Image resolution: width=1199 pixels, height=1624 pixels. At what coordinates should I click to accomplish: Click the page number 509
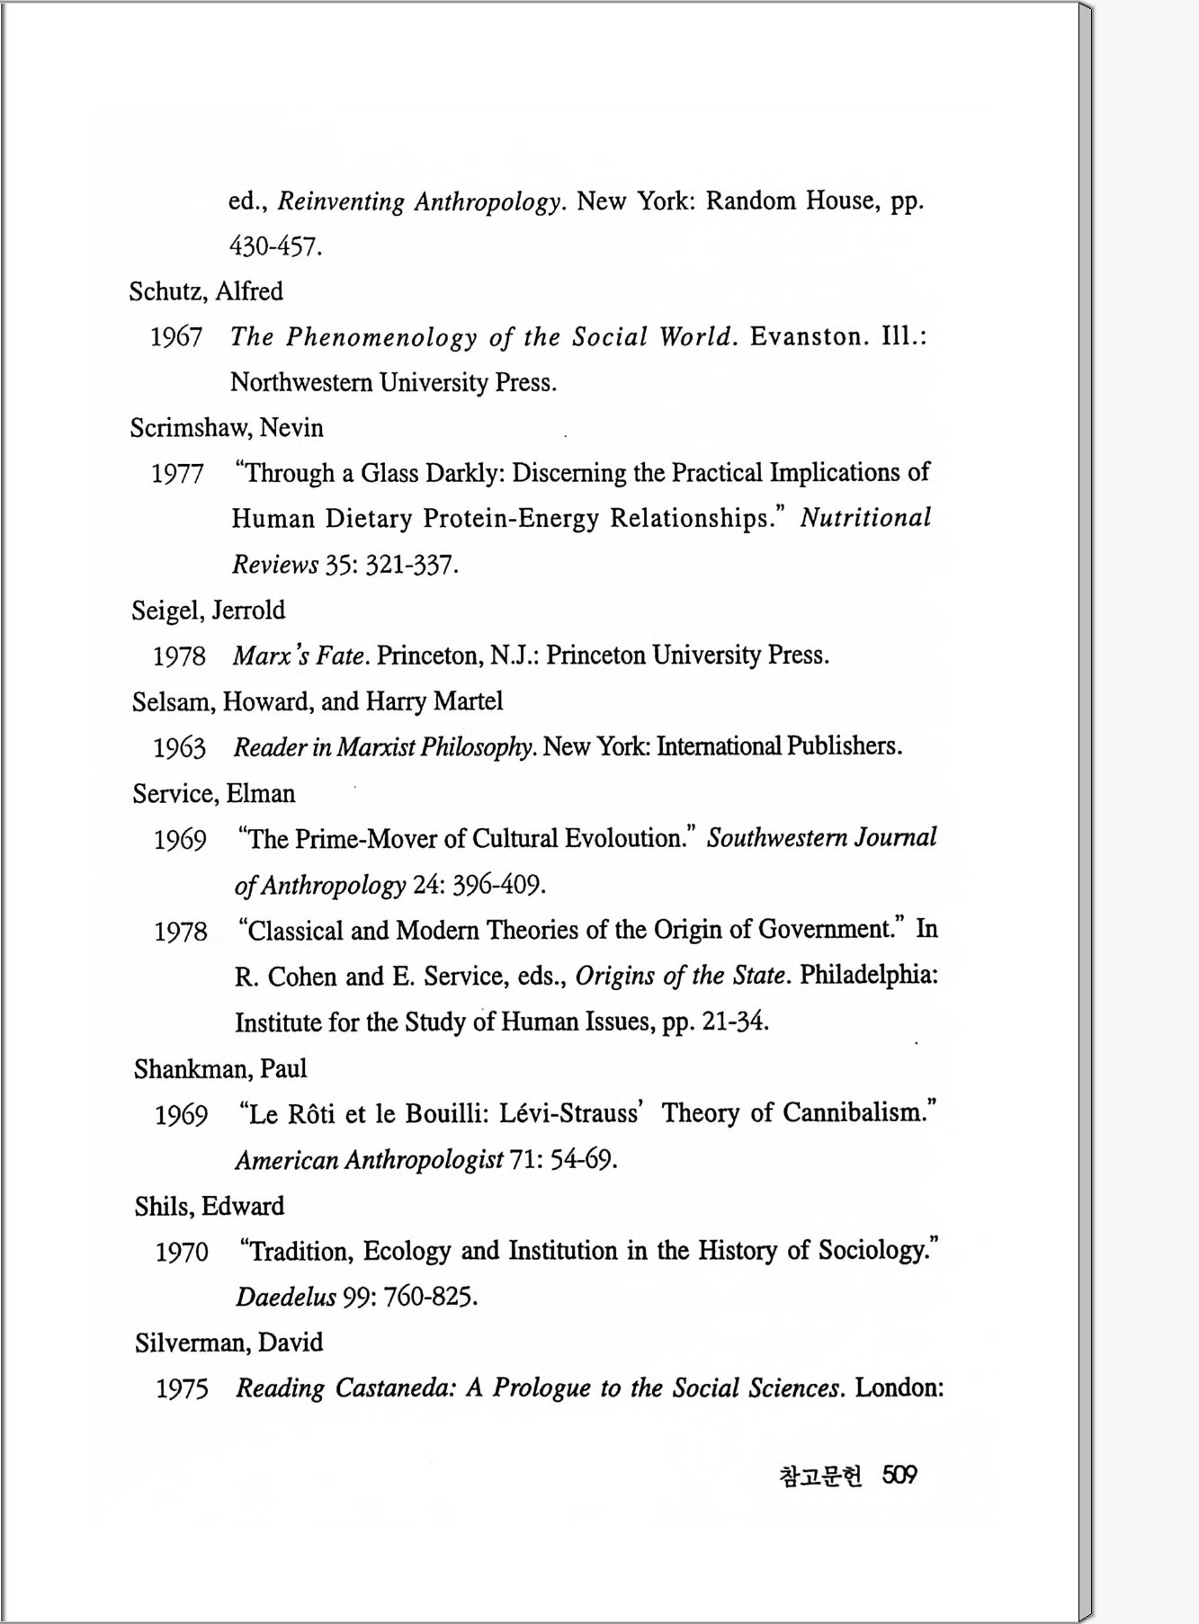coord(899,1475)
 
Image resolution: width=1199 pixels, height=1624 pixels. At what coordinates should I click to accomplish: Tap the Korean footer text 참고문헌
coord(819,1476)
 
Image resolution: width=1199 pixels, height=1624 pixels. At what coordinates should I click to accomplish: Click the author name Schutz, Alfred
coord(206,291)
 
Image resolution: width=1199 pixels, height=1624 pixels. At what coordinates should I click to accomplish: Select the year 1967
coord(176,337)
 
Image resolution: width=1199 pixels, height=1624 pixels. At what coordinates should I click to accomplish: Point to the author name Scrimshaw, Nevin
coord(227,427)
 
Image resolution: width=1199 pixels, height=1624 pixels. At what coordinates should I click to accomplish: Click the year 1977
coord(177,473)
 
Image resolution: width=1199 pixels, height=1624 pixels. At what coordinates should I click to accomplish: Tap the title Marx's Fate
coord(299,656)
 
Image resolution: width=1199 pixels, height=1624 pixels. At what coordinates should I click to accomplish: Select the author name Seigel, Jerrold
coord(209,610)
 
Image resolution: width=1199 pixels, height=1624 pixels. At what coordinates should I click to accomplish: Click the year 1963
coord(179,747)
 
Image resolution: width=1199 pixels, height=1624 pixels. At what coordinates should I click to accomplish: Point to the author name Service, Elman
coord(214,793)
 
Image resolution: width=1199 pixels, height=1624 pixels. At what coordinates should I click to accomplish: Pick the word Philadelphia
coord(868,975)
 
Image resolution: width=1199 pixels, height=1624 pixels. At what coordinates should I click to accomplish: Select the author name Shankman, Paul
coord(220,1068)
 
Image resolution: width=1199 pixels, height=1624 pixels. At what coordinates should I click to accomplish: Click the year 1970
coord(182,1252)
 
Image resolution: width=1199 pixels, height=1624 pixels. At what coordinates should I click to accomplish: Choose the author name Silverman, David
coord(228,1343)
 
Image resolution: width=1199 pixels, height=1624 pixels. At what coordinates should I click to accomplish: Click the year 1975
coord(182,1388)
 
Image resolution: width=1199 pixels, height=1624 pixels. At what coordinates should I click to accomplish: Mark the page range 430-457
coord(275,245)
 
